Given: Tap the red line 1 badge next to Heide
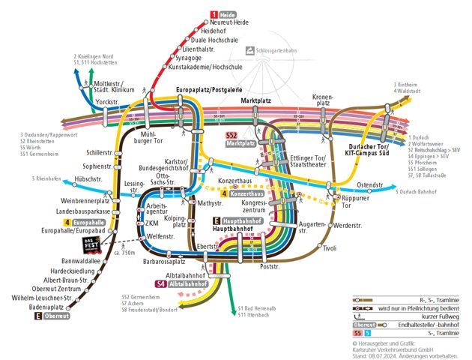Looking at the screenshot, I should pos(214,14).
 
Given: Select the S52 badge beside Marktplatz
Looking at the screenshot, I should pos(232,135).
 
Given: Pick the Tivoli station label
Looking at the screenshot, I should pos(329,248).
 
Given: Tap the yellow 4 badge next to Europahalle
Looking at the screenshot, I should pos(67,222).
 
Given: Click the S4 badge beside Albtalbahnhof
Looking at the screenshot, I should pos(160,285).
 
